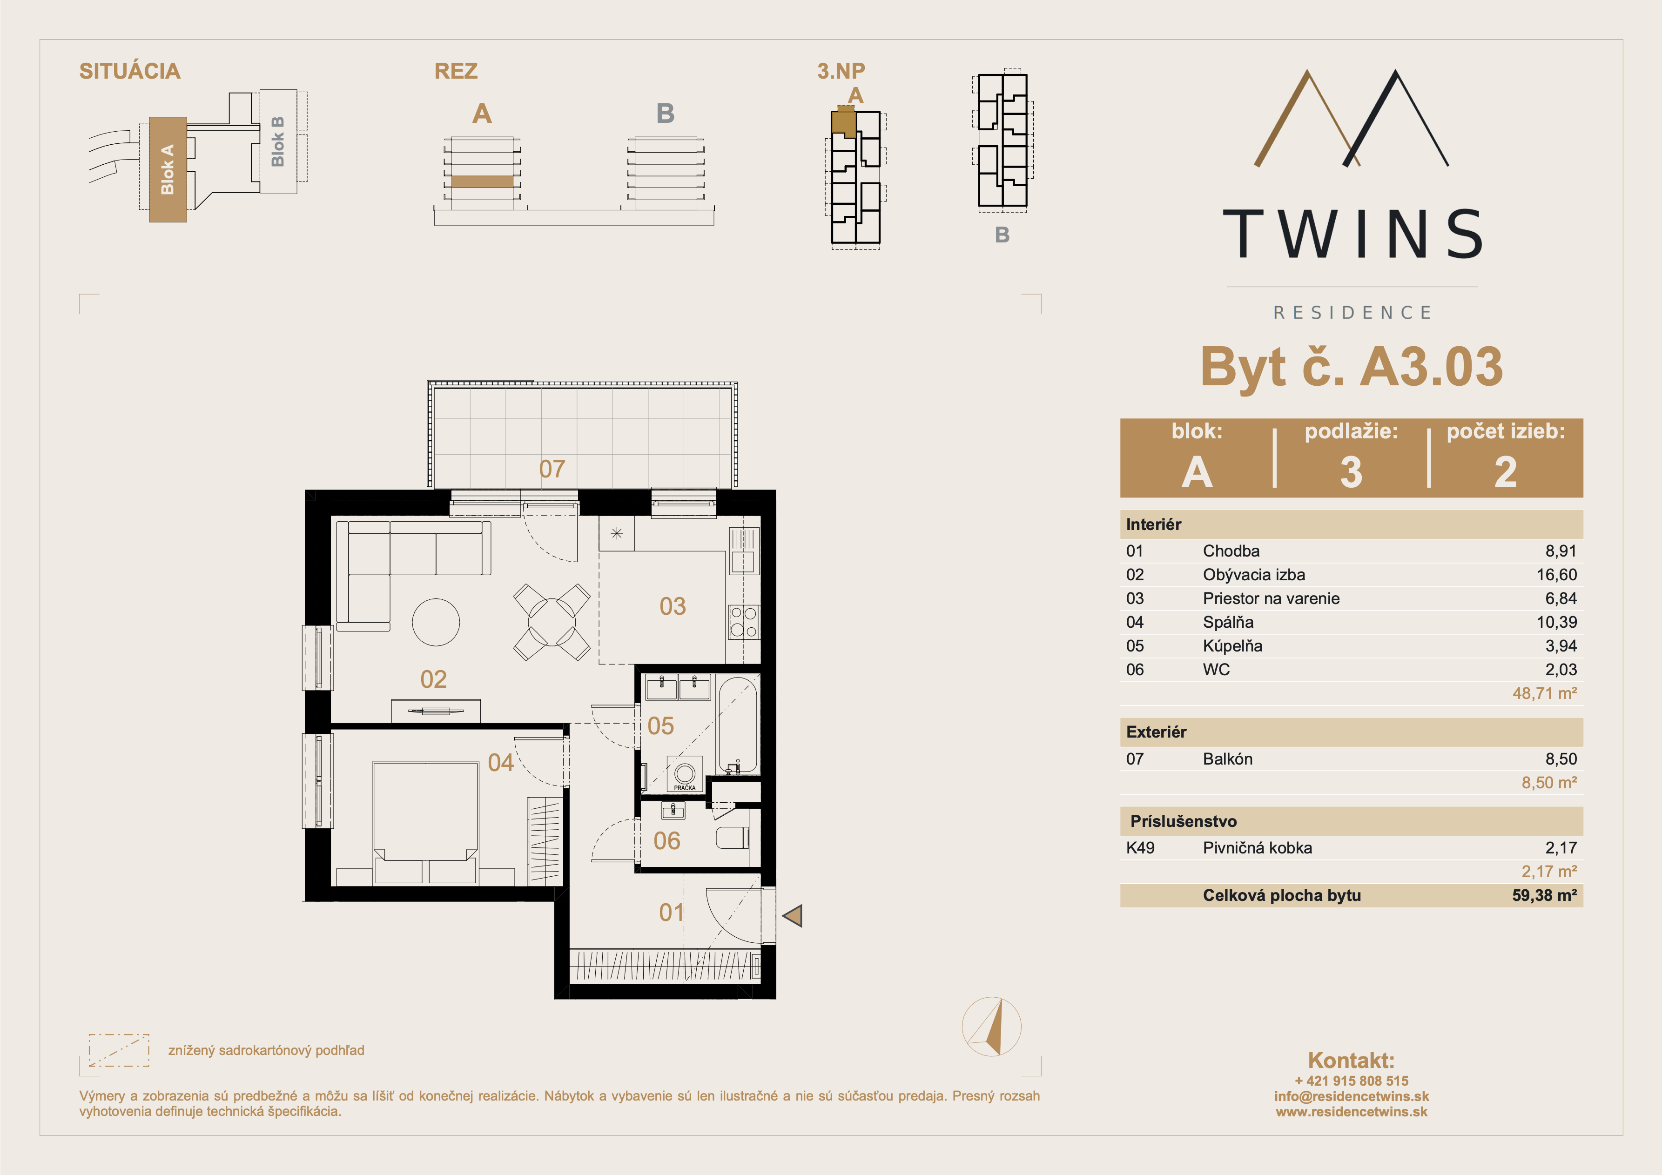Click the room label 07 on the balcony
coord(552,469)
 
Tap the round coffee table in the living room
coord(436,622)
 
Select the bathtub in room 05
coord(738,725)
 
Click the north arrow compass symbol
coord(992,1026)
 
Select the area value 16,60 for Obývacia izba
coord(1556,575)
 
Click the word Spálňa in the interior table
coord(1228,622)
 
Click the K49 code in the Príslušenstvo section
coord(1140,848)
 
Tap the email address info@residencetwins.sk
coord(1352,1096)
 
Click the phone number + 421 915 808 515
coord(1352,1081)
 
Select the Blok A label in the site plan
coord(167,169)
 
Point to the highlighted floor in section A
coord(482,181)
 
